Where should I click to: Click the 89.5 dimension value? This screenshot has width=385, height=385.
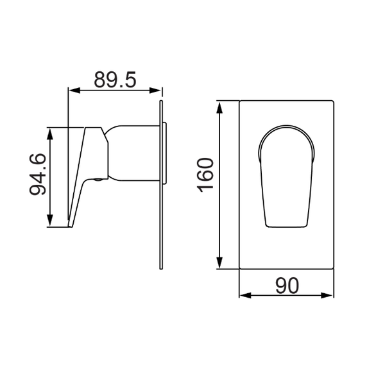[115, 80]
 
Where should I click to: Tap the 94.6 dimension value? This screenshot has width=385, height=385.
[38, 175]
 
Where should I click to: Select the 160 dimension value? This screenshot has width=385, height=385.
[205, 175]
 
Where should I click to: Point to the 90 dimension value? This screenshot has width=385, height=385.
[287, 286]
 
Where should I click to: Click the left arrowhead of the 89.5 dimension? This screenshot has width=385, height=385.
[74, 90]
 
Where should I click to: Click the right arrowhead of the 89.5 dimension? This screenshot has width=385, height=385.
[155, 90]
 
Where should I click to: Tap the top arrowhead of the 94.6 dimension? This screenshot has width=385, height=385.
[50, 133]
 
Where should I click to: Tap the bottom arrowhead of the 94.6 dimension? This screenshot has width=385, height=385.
[50, 220]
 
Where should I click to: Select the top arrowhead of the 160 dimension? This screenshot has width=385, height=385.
[219, 107]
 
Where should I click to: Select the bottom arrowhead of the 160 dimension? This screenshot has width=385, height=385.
[219, 262]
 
